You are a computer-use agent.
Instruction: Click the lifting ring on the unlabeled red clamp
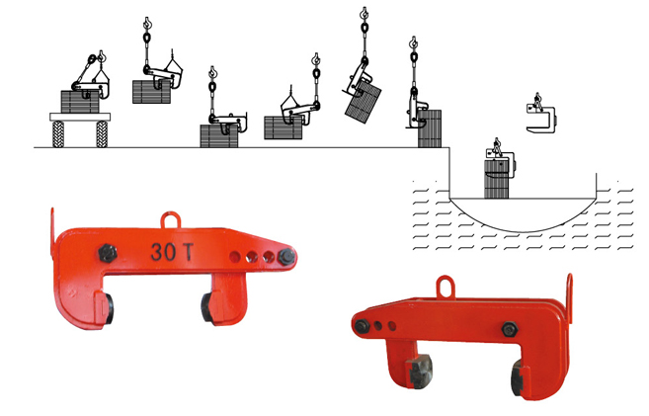(445, 286)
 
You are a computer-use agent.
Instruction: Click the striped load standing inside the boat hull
(496, 181)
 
